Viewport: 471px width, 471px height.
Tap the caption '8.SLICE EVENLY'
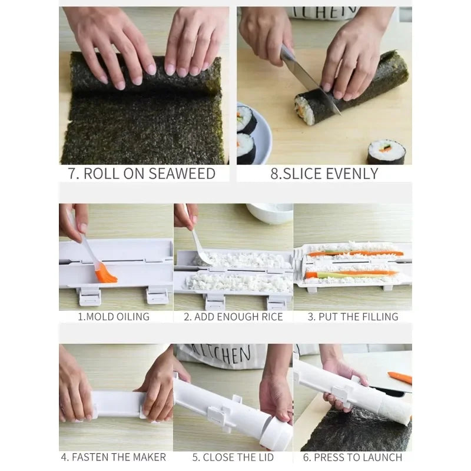point(324,173)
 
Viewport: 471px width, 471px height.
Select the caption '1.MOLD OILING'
point(114,316)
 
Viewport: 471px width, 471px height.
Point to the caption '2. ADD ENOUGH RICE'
point(233,316)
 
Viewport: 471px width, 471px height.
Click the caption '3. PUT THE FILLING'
point(353,316)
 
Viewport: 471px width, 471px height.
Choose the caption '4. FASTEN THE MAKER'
point(114,457)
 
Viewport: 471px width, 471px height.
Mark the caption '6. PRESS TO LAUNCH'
point(352,457)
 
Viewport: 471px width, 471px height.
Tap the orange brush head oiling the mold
point(107,273)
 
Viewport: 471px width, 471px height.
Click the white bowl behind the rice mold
point(269,212)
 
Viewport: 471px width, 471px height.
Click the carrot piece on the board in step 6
point(400,377)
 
